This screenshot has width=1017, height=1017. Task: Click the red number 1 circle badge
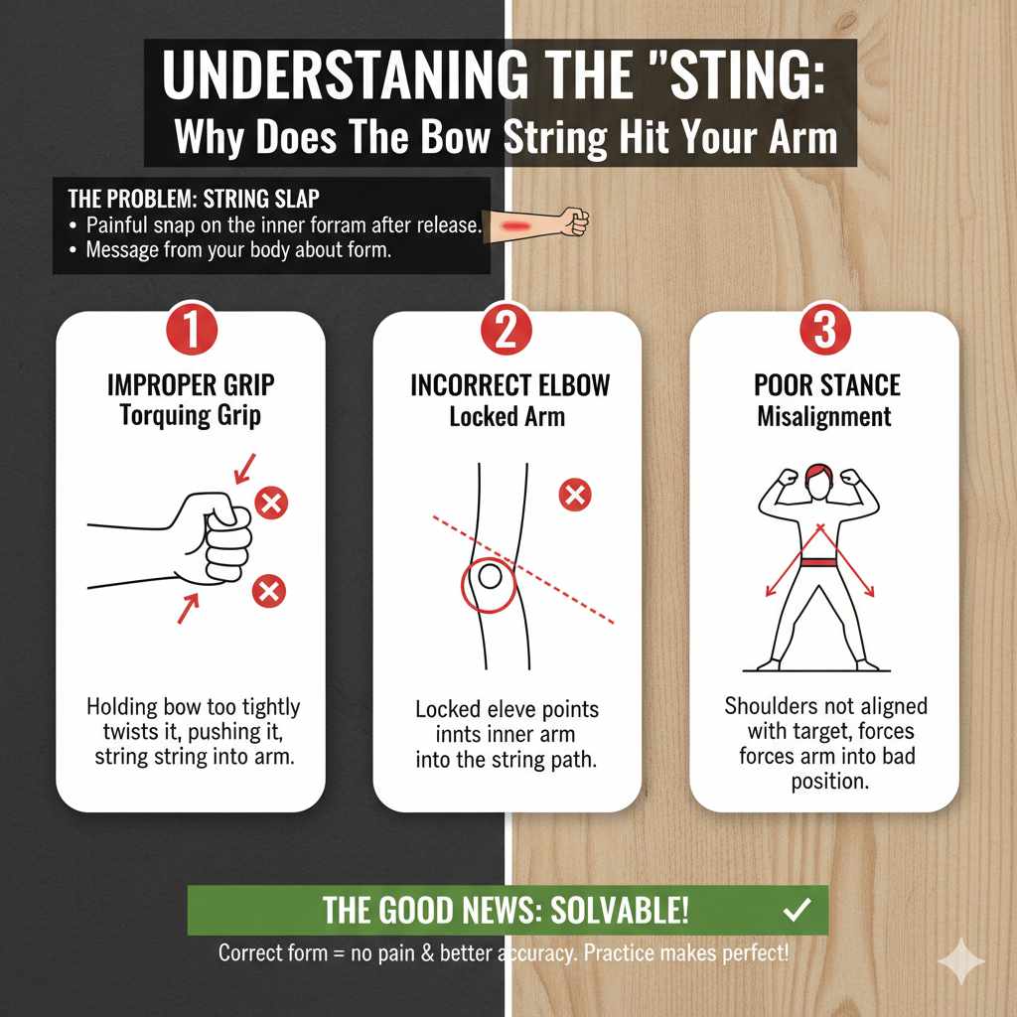(190, 331)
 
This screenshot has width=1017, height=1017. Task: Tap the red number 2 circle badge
(507, 331)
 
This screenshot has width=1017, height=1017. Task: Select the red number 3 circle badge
(824, 331)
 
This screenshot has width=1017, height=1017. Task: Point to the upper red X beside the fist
(270, 504)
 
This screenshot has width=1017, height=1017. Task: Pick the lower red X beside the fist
(268, 593)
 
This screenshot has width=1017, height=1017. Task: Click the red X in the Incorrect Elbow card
(575, 494)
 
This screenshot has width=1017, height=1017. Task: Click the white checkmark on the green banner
(797, 909)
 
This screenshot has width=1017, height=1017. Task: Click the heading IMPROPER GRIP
(190, 386)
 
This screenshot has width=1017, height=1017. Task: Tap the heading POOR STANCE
(824, 386)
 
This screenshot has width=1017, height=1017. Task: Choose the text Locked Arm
(507, 416)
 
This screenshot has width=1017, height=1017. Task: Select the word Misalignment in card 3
(824, 416)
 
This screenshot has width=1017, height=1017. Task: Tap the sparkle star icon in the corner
(961, 961)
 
